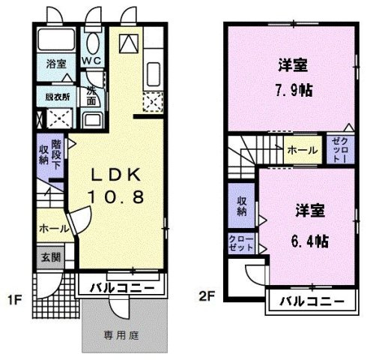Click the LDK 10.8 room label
[115, 184]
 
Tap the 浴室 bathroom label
[55, 64]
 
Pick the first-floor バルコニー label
[123, 287]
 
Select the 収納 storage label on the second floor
[243, 206]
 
